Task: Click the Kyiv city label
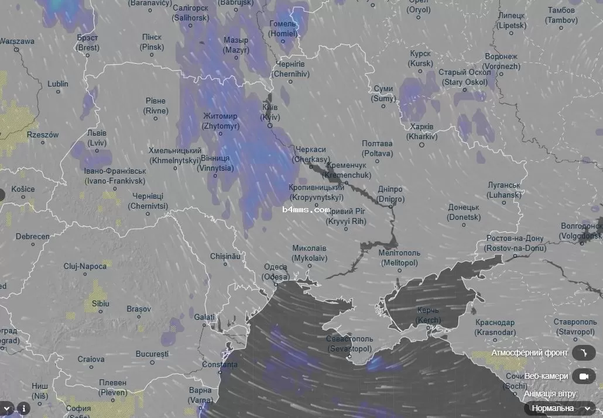pos(270,112)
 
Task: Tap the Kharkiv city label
pos(422,132)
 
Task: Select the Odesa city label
pos(275,272)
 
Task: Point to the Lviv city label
pos(97,138)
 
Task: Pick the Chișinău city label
pos(225,256)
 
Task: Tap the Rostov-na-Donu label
pos(513,243)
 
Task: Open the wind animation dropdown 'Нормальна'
pos(559,408)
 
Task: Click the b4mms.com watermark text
pos(306,209)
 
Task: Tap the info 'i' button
pos(23,408)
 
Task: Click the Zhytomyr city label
pos(220,121)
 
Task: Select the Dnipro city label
pos(390,194)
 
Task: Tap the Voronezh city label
pos(501,61)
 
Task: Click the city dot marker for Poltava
pos(377,163)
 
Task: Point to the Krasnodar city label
pos(495,327)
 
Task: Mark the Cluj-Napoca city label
pos(85,266)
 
